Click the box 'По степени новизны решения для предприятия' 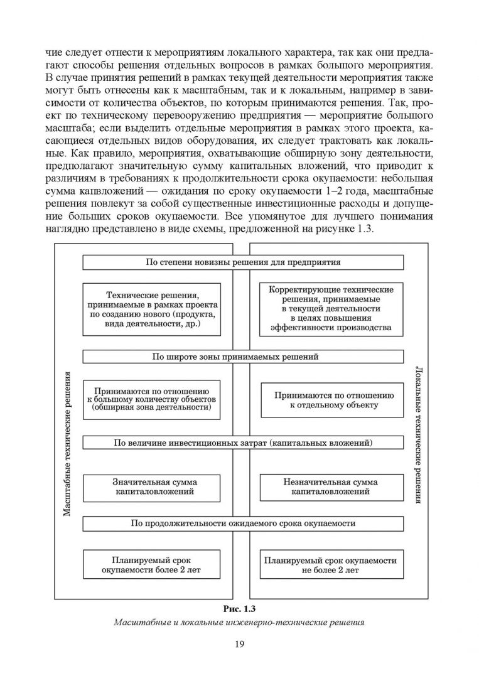(x=243, y=262)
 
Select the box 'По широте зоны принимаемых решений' (x=243, y=357)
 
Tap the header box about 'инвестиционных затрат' (x=243, y=443)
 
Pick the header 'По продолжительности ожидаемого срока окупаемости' (x=243, y=523)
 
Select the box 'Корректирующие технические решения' (x=331, y=308)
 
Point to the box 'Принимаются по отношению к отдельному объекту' (x=333, y=401)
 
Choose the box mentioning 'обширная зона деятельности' (x=152, y=399)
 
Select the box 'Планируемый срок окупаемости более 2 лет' (x=152, y=565)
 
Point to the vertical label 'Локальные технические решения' (x=417, y=433)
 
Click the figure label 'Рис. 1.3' (x=239, y=608)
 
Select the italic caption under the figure (x=239, y=623)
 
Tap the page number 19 (x=239, y=644)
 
